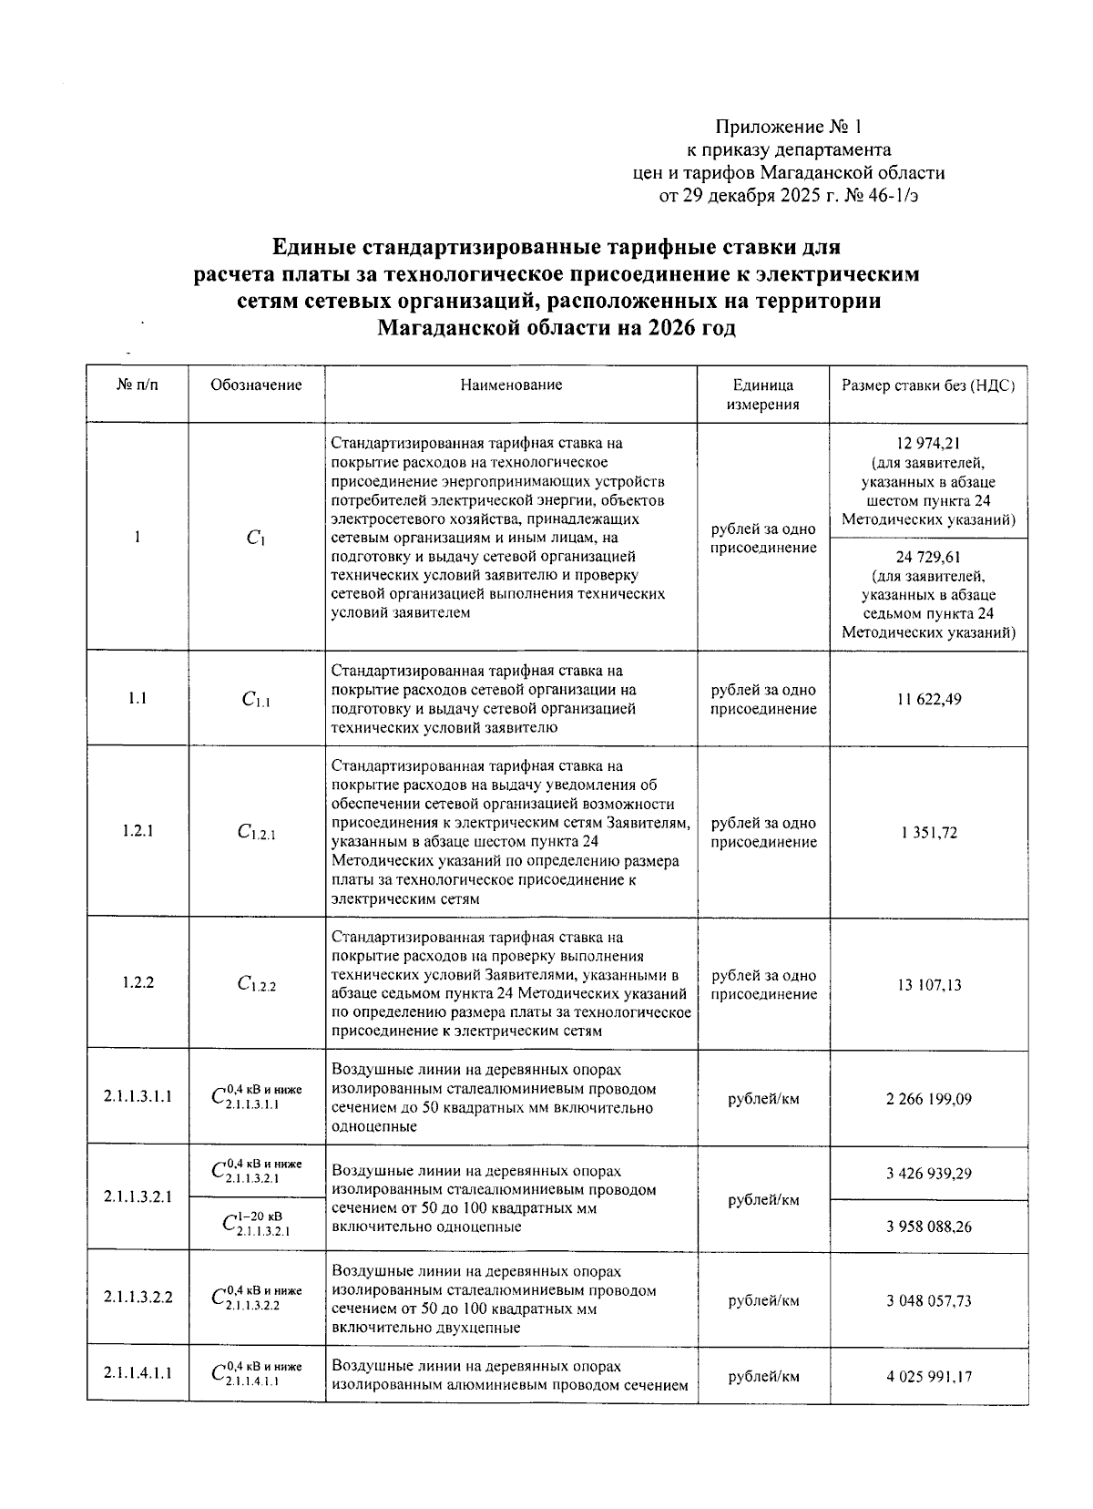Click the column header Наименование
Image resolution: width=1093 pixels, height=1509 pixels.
coord(511,385)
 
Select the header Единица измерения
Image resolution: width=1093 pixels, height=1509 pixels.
coord(763,395)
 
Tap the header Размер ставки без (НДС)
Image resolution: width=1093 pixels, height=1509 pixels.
coord(928,385)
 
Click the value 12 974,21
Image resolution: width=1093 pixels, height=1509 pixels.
coord(928,444)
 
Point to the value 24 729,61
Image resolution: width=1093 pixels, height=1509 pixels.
coord(928,557)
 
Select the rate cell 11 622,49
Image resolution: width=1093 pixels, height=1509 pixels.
coord(928,699)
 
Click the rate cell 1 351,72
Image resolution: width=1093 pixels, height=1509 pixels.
coord(928,832)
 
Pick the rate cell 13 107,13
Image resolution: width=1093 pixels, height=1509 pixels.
coord(928,985)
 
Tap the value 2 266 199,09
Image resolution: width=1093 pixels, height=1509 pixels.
coord(928,1099)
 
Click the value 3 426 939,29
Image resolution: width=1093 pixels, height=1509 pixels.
coord(928,1174)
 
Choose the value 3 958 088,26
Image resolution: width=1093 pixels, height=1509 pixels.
coord(928,1227)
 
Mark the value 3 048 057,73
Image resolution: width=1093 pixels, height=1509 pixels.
coord(928,1300)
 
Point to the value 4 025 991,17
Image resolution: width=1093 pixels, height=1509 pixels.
coord(928,1376)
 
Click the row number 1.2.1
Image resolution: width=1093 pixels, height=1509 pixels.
coord(138,831)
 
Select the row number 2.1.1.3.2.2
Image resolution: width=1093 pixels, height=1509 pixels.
coord(138,1297)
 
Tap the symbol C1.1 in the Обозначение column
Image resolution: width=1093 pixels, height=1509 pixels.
coord(256,700)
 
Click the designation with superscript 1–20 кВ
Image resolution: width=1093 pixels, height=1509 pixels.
coord(256,1224)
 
